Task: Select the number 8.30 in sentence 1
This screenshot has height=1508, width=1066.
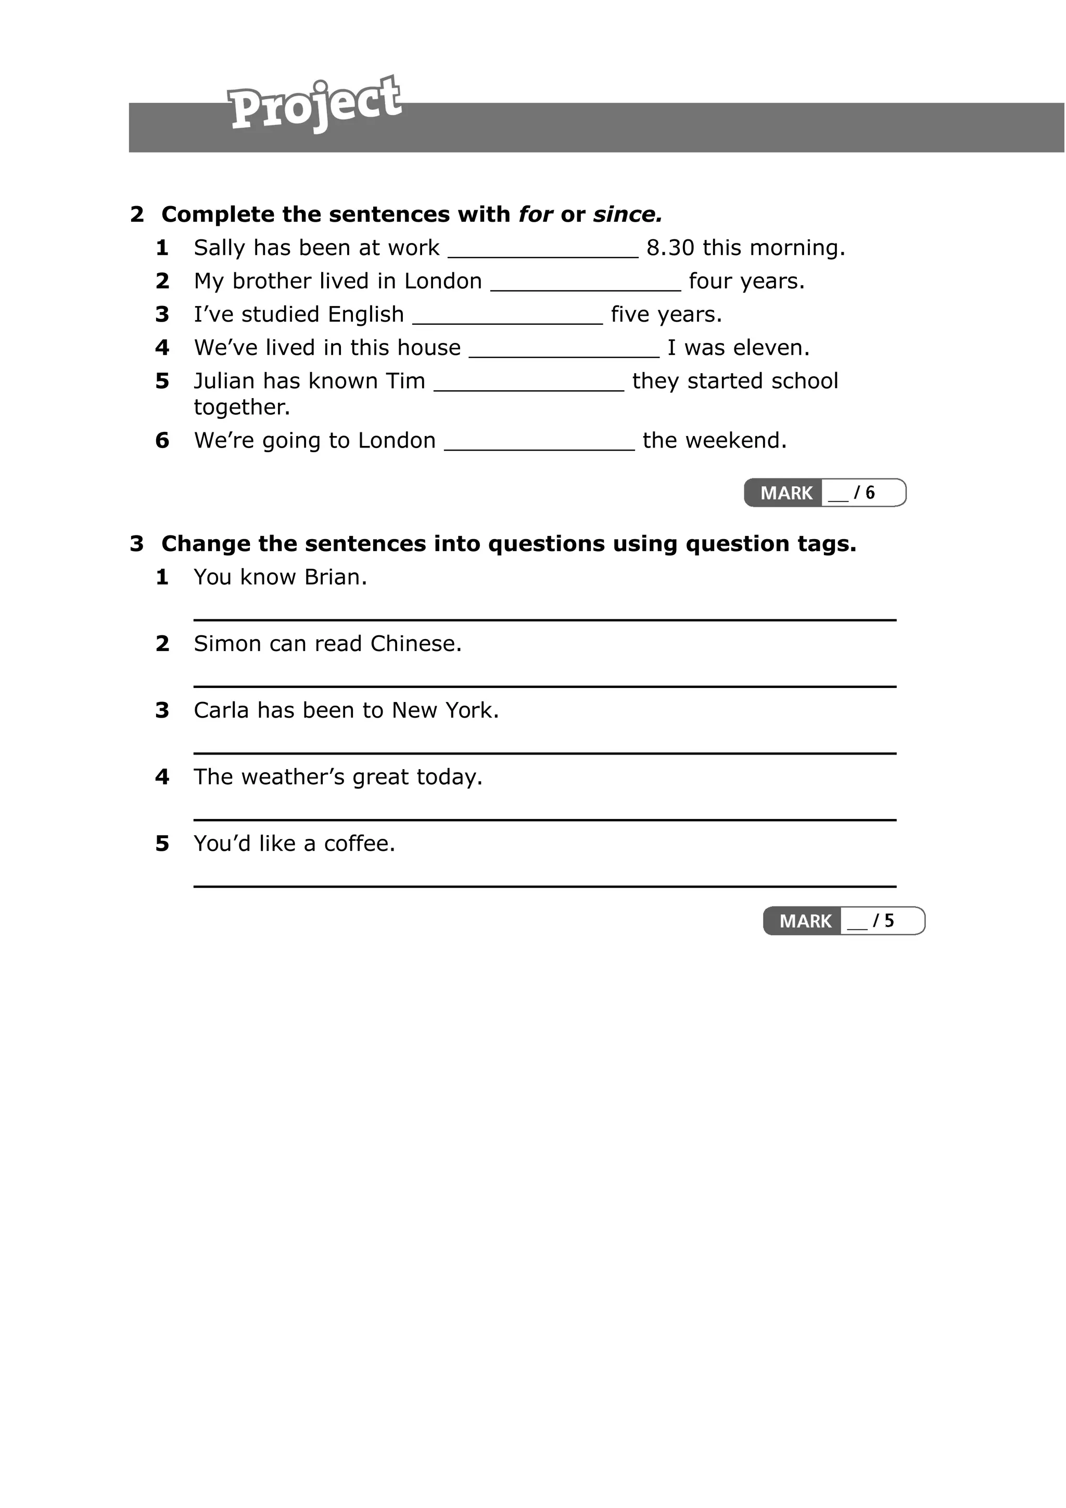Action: (670, 248)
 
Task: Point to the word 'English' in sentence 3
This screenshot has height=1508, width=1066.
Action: (366, 315)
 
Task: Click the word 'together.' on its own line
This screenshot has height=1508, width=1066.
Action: (242, 407)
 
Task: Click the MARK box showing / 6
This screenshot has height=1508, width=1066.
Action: (824, 493)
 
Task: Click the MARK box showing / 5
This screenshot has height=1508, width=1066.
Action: (843, 921)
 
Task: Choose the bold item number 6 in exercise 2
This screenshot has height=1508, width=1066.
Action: (162, 441)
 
